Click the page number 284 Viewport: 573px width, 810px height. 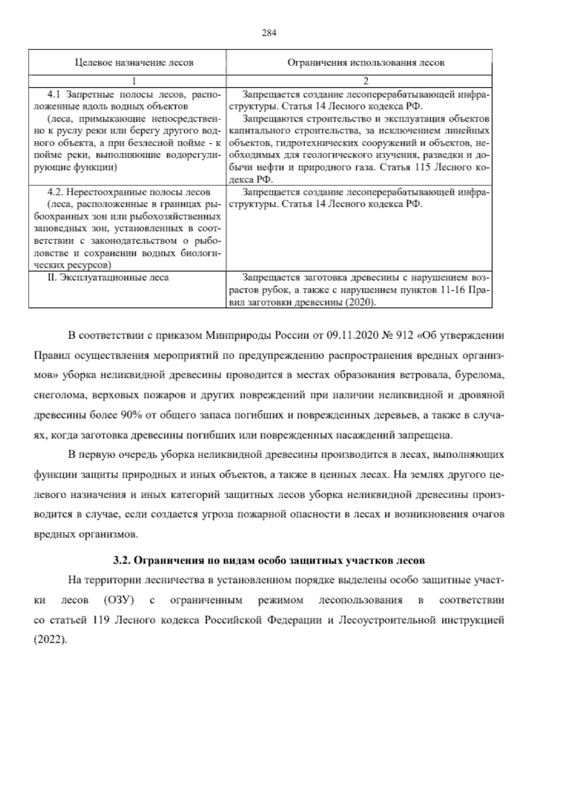(269, 33)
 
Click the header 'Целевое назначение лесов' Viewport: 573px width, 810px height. (127, 63)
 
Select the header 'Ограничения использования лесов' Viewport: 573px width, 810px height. (359, 63)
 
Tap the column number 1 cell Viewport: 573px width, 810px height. (127, 81)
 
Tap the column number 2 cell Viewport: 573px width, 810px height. (359, 81)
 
